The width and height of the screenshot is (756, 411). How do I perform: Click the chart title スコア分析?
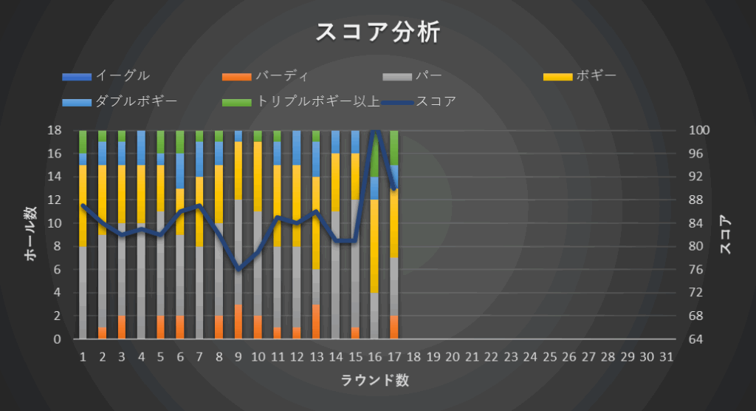(377, 32)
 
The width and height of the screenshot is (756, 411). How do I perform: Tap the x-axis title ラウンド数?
(375, 381)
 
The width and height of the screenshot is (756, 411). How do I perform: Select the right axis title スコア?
(726, 235)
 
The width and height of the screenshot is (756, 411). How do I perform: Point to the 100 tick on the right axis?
(699, 130)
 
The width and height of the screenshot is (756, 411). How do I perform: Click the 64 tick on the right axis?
(698, 339)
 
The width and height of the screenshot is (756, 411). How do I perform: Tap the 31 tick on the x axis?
(666, 357)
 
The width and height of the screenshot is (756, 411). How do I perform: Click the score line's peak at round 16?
(374, 131)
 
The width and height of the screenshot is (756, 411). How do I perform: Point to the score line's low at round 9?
(238, 269)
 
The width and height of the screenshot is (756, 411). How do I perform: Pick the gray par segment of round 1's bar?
(83, 293)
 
